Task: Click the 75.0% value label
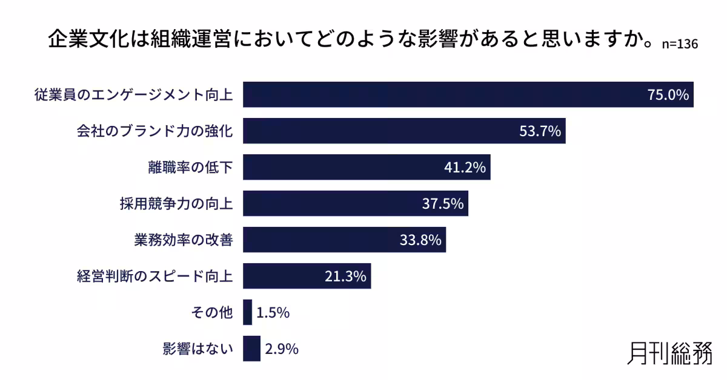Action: (x=669, y=95)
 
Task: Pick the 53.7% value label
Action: (x=540, y=131)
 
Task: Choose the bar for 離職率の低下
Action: (x=367, y=167)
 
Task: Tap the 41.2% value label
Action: (x=465, y=168)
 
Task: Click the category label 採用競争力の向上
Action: (x=176, y=204)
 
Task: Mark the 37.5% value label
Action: (x=443, y=204)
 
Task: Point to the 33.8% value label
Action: (x=420, y=240)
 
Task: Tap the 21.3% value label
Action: (x=345, y=277)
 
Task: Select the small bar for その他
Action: (x=247, y=312)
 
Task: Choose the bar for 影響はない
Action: (x=251, y=349)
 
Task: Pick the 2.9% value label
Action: (x=282, y=349)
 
